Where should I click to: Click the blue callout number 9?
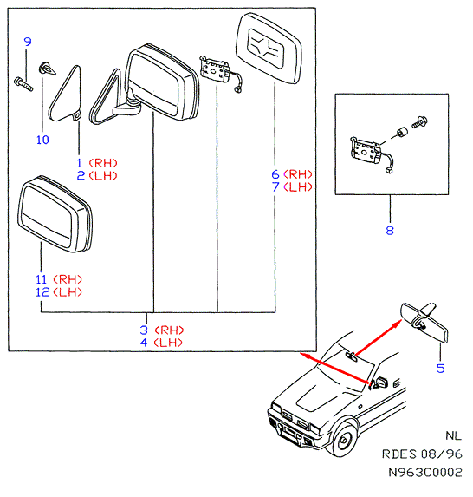tap(28, 42)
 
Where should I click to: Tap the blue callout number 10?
tap(42, 140)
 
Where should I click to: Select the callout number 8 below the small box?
tap(390, 230)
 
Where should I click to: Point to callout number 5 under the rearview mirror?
tap(441, 369)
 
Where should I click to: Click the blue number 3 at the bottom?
tap(144, 330)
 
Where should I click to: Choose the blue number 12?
tap(42, 292)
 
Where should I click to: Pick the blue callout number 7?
tap(275, 186)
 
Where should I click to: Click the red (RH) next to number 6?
tap(298, 174)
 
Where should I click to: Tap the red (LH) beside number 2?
tap(103, 175)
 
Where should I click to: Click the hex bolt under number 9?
tap(23, 83)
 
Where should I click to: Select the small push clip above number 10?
tap(47, 69)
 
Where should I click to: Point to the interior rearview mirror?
tap(424, 322)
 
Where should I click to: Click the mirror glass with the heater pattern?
tap(269, 49)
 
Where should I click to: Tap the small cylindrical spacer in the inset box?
tap(402, 132)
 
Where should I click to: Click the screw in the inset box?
tap(420, 121)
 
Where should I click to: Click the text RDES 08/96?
tap(422, 454)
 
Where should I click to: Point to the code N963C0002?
tap(425, 472)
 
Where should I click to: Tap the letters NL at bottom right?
tap(453, 435)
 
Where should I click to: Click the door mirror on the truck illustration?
tap(380, 383)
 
